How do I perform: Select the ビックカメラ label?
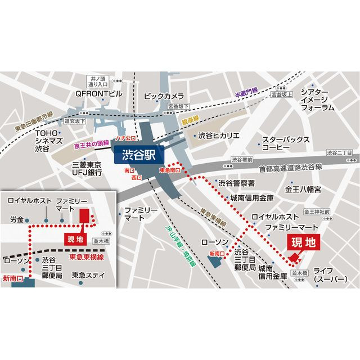164,96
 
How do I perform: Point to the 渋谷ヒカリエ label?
219,136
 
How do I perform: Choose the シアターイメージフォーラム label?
318,100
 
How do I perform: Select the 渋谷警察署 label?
237,183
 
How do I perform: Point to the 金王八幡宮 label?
304,190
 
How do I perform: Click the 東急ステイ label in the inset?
88,276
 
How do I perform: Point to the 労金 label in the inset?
16,219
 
